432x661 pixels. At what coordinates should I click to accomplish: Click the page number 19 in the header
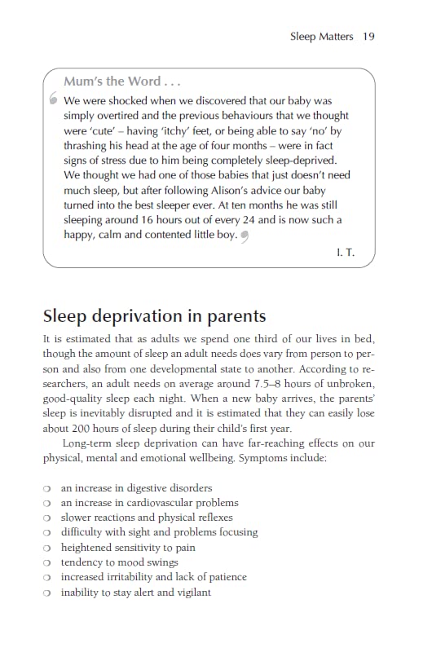pyautogui.click(x=369, y=37)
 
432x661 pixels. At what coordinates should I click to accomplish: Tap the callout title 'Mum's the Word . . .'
pyautogui.click(x=122, y=82)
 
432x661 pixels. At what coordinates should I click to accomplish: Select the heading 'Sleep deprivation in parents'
pyautogui.click(x=154, y=315)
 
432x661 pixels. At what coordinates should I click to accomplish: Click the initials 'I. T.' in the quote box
pyautogui.click(x=345, y=254)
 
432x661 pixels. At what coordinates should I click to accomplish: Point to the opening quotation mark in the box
pyautogui.click(x=53, y=101)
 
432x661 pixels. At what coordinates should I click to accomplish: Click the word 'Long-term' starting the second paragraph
pyautogui.click(x=88, y=443)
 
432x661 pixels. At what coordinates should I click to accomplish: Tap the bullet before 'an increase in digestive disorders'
pyautogui.click(x=48, y=489)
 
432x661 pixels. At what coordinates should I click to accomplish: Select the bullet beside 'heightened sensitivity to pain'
pyautogui.click(x=48, y=549)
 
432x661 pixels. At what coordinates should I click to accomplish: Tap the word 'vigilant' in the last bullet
pyautogui.click(x=191, y=592)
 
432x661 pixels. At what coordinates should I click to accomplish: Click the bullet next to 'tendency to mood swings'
pyautogui.click(x=48, y=562)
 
